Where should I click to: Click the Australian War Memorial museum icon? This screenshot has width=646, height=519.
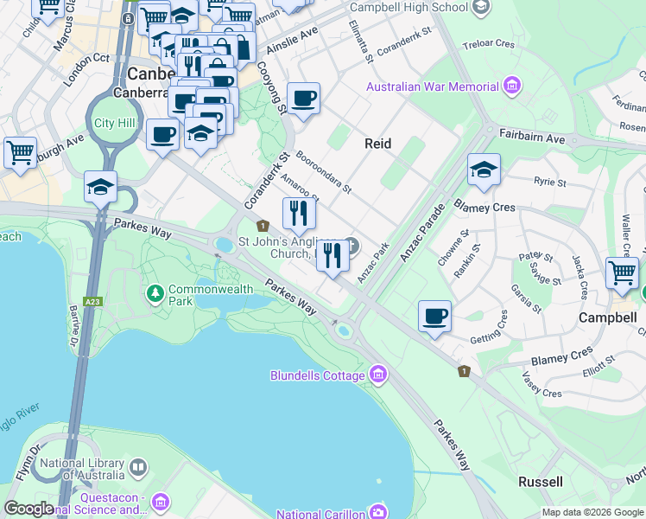click(x=513, y=86)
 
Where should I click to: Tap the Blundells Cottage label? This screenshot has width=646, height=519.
click(x=317, y=375)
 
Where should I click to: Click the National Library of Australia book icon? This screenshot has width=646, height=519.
click(x=138, y=468)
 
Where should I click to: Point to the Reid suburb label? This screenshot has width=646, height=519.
click(x=378, y=144)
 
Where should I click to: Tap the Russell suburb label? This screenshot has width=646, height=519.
click(x=541, y=481)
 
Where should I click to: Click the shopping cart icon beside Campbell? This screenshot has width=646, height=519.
click(x=622, y=273)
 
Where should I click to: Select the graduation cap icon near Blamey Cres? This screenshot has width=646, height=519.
click(x=484, y=171)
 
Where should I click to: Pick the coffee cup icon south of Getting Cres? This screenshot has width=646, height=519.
click(x=435, y=316)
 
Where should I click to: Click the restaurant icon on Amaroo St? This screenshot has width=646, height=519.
click(x=299, y=213)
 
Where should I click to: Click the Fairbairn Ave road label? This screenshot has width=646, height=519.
click(x=532, y=138)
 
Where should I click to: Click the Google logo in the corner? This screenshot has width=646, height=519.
click(x=28, y=509)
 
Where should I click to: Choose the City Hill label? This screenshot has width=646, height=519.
click(x=116, y=123)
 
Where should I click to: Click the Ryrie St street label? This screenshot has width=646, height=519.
click(x=549, y=183)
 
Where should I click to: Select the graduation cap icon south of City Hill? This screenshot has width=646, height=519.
click(x=100, y=187)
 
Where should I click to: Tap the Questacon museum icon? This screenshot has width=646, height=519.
click(x=160, y=502)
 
